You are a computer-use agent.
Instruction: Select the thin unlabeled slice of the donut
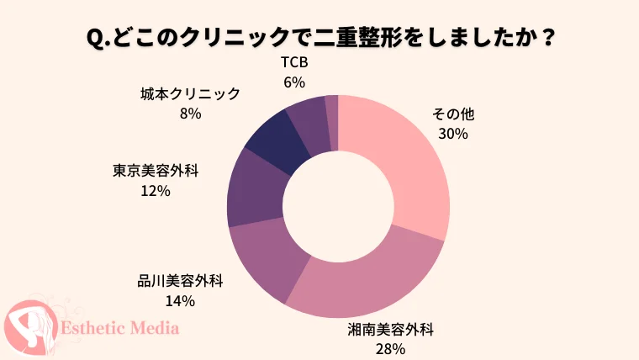point(333,122)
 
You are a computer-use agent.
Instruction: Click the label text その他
point(453,114)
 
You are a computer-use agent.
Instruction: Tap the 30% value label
point(453,134)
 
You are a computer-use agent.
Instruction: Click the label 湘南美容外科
point(390,330)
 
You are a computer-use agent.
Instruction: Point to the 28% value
point(390,349)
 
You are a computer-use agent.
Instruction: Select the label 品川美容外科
point(180,281)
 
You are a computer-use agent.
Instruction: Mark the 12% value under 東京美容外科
point(156,191)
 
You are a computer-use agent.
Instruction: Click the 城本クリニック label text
point(190,93)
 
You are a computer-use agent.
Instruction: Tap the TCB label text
point(294,62)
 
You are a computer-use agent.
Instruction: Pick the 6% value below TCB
point(294,82)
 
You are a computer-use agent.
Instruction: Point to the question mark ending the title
point(546,38)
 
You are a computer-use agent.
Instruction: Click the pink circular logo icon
point(31,328)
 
